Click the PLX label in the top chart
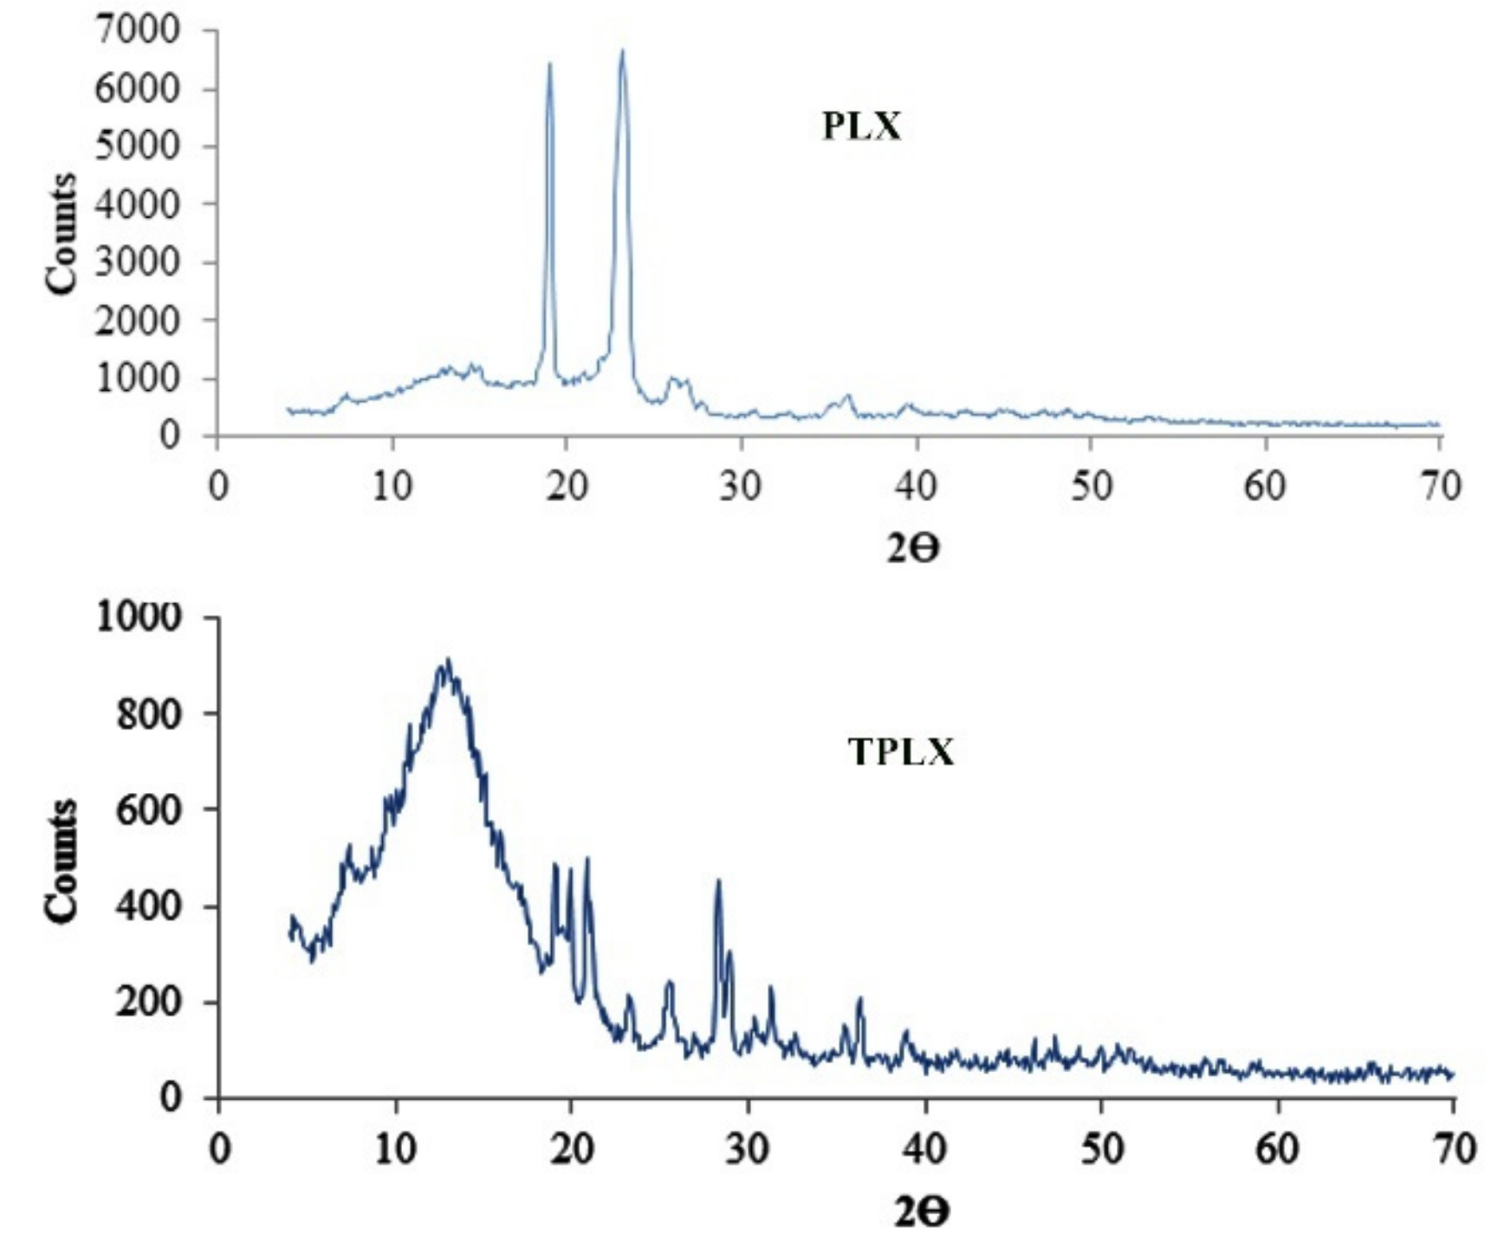click(x=861, y=127)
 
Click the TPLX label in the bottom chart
click(x=900, y=752)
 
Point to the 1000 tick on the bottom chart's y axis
click(x=139, y=617)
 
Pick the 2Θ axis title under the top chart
click(x=912, y=549)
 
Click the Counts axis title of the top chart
click(x=61, y=234)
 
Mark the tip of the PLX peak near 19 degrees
click(x=549, y=64)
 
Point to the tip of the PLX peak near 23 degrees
click(x=621, y=51)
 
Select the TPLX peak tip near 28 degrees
click(x=717, y=881)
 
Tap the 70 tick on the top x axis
click(x=1440, y=486)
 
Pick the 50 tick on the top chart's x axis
click(x=1090, y=486)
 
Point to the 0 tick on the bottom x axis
click(x=220, y=1149)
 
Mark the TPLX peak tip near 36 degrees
click(x=859, y=999)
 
